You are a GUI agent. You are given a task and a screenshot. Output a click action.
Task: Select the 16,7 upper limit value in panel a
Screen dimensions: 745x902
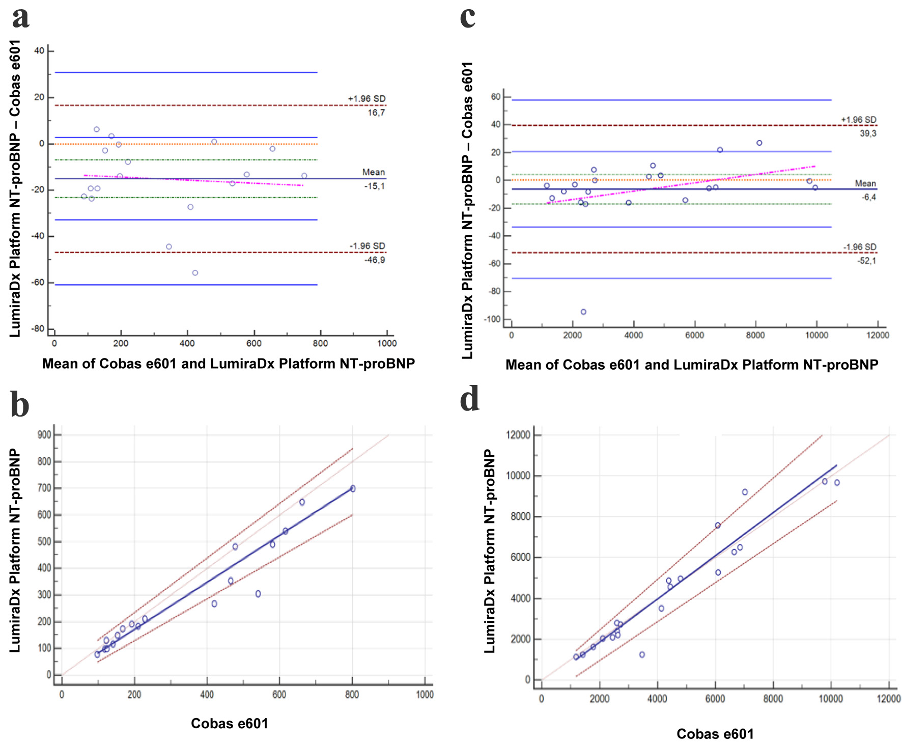coord(376,113)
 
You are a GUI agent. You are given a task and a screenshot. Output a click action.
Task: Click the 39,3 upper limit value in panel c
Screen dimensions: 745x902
coord(868,133)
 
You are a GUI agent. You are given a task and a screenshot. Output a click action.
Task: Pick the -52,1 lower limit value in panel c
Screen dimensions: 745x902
coord(866,261)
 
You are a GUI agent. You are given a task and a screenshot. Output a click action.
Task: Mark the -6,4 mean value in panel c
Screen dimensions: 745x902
coord(868,197)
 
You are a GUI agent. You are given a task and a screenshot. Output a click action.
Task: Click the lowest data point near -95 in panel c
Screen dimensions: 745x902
coord(583,312)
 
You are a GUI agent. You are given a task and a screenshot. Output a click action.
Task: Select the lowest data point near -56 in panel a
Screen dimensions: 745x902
coord(195,273)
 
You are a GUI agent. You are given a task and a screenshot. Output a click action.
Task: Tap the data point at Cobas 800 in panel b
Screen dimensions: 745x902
coord(353,488)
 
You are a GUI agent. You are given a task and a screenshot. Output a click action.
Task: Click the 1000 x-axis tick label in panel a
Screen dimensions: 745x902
coord(387,343)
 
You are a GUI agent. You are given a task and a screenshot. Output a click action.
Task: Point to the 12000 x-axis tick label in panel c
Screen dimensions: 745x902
coord(878,335)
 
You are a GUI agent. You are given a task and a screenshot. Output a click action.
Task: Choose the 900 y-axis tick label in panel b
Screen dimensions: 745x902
coord(44,434)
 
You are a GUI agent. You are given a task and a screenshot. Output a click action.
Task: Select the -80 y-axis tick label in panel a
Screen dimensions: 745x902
coord(38,328)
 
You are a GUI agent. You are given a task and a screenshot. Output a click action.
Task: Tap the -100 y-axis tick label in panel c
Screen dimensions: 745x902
coord(492,319)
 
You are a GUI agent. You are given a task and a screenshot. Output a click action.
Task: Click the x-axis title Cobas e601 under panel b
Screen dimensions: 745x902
coord(229,723)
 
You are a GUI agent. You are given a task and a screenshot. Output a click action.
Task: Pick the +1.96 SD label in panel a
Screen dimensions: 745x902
coord(367,98)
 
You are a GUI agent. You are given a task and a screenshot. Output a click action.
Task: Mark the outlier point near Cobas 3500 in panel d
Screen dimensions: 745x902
coord(642,654)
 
